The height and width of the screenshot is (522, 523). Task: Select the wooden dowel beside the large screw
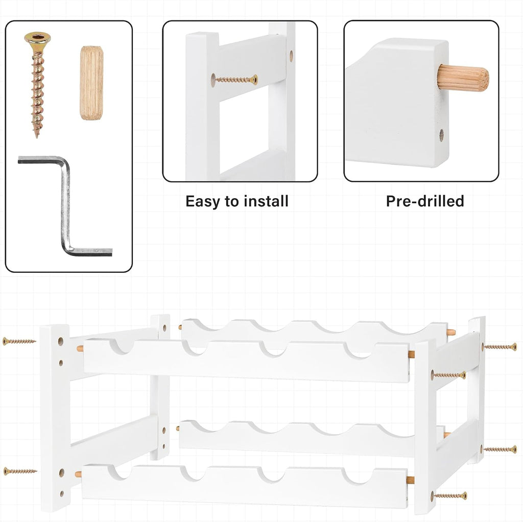91,83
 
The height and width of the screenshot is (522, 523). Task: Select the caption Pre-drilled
425,201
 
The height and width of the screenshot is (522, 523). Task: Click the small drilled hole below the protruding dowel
441,135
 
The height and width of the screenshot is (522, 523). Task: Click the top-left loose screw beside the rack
19,341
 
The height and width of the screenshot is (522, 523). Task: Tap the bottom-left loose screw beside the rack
20,471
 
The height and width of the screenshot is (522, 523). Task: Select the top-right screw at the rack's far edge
500,347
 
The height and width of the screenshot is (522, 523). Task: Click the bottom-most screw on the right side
449,496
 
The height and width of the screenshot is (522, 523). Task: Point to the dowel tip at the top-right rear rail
451,332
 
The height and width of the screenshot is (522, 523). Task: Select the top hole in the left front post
61,341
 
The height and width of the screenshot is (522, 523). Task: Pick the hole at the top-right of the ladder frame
291,56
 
